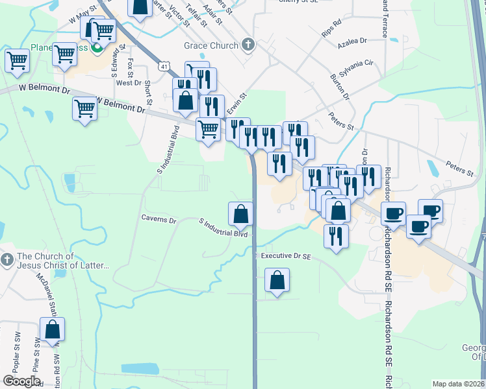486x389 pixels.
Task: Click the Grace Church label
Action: click(x=211, y=45)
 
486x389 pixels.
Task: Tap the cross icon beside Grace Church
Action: click(x=247, y=45)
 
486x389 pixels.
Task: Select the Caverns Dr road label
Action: click(x=159, y=220)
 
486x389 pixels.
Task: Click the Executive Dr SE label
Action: click(x=287, y=257)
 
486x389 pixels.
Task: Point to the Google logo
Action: click(x=21, y=381)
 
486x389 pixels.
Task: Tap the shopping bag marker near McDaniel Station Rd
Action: click(x=53, y=330)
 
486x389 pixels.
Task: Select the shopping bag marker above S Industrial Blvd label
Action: click(x=240, y=213)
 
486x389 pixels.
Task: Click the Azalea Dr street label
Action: click(x=352, y=41)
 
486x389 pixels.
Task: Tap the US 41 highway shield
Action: click(x=164, y=66)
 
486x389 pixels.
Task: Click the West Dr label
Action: click(x=129, y=83)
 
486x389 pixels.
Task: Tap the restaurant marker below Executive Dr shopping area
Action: click(x=336, y=236)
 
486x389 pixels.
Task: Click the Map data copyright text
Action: click(x=459, y=384)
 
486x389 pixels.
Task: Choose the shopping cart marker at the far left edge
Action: click(x=17, y=61)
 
